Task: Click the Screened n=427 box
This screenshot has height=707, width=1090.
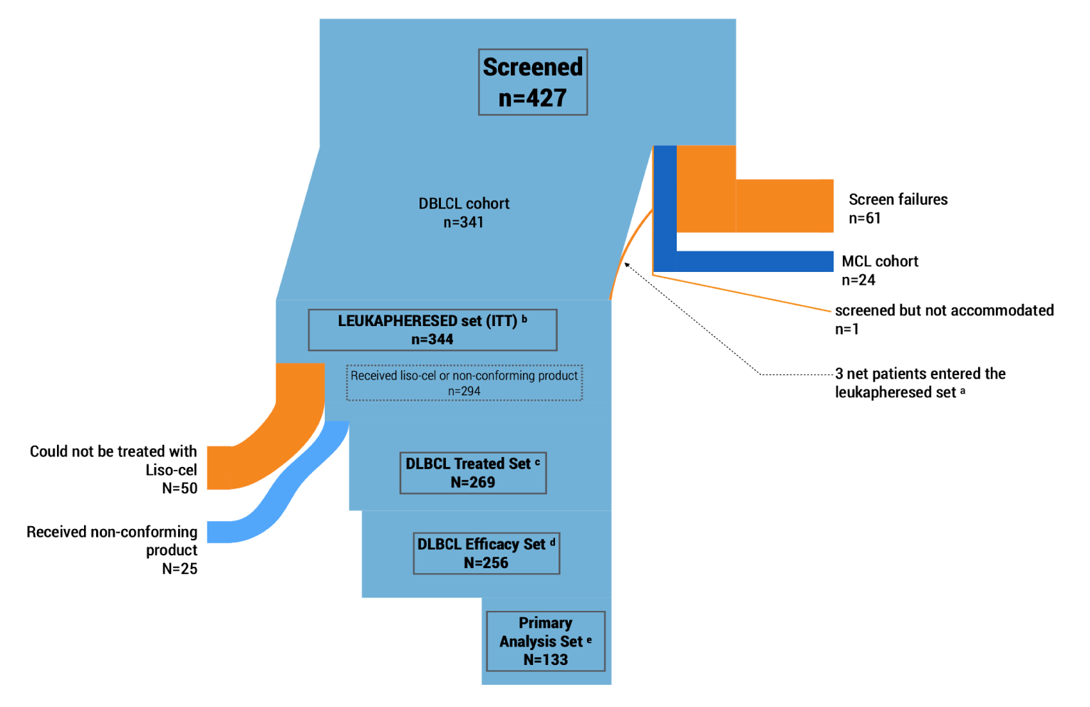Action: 532,82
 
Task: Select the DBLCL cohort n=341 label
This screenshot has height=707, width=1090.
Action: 464,213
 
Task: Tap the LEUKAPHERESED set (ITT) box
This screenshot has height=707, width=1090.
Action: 432,330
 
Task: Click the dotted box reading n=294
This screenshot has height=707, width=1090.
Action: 464,383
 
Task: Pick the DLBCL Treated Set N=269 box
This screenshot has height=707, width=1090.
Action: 473,473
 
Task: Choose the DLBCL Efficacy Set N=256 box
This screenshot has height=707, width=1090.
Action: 486,553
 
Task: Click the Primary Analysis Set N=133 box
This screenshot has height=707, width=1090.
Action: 545,641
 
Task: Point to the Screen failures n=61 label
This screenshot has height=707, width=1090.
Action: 898,209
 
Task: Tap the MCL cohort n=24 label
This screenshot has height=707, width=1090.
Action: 879,271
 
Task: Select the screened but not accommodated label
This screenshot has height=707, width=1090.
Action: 943,311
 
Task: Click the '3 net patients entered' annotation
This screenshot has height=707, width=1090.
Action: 920,383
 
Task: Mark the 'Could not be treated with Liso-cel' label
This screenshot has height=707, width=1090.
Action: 113,461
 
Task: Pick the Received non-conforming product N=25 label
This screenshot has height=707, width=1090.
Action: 112,550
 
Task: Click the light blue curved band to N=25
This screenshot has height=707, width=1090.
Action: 285,491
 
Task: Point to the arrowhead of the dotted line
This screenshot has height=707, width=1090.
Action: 627,266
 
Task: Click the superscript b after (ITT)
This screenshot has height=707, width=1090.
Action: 524,319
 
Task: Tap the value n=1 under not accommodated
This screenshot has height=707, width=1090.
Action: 846,330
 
